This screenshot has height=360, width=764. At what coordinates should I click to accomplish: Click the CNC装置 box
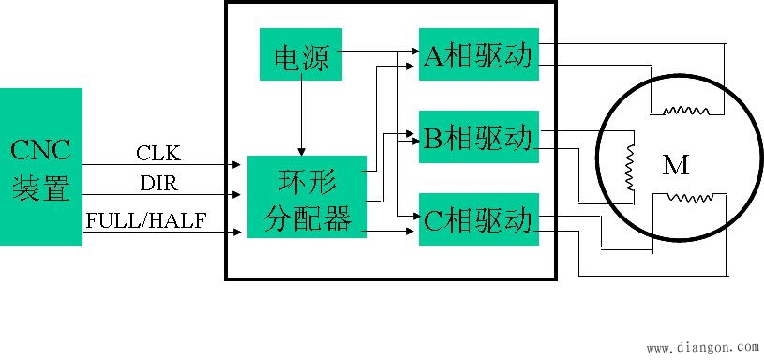(x=41, y=166)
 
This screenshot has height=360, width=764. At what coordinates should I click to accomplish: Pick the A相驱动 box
(x=479, y=55)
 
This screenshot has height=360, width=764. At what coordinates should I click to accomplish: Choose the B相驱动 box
(x=479, y=138)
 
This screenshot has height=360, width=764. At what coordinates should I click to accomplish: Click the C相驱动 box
(x=479, y=220)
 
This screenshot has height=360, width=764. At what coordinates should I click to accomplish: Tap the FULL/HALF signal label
(x=145, y=220)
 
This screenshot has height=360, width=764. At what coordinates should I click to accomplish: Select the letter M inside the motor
(x=676, y=167)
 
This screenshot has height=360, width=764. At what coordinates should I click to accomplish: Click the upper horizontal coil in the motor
(x=686, y=111)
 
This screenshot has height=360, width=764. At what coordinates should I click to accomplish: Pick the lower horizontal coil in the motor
(x=689, y=198)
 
